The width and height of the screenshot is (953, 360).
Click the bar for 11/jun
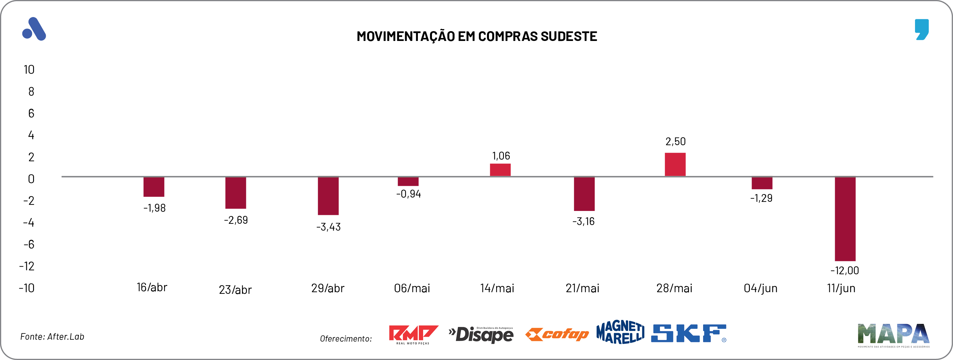click(845, 219)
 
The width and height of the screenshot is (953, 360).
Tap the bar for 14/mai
click(500, 170)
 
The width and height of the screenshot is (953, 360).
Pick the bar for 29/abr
click(328, 196)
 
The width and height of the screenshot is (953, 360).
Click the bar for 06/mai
click(408, 181)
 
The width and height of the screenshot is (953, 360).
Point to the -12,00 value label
click(845, 271)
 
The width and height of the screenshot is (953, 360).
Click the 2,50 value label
click(675, 141)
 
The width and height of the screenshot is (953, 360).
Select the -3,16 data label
click(583, 221)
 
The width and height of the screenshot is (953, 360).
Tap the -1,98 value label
click(154, 208)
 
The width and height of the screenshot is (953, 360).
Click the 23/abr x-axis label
click(235, 290)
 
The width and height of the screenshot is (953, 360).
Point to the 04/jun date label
click(760, 288)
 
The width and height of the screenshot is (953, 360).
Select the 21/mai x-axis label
click(582, 288)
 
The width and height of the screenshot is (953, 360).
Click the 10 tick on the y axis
click(29, 69)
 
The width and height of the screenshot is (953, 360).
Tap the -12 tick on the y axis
click(27, 266)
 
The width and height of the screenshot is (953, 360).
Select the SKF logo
click(688, 333)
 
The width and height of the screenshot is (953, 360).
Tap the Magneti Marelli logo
click(620, 332)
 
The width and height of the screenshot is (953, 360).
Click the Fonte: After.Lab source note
click(52, 336)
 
